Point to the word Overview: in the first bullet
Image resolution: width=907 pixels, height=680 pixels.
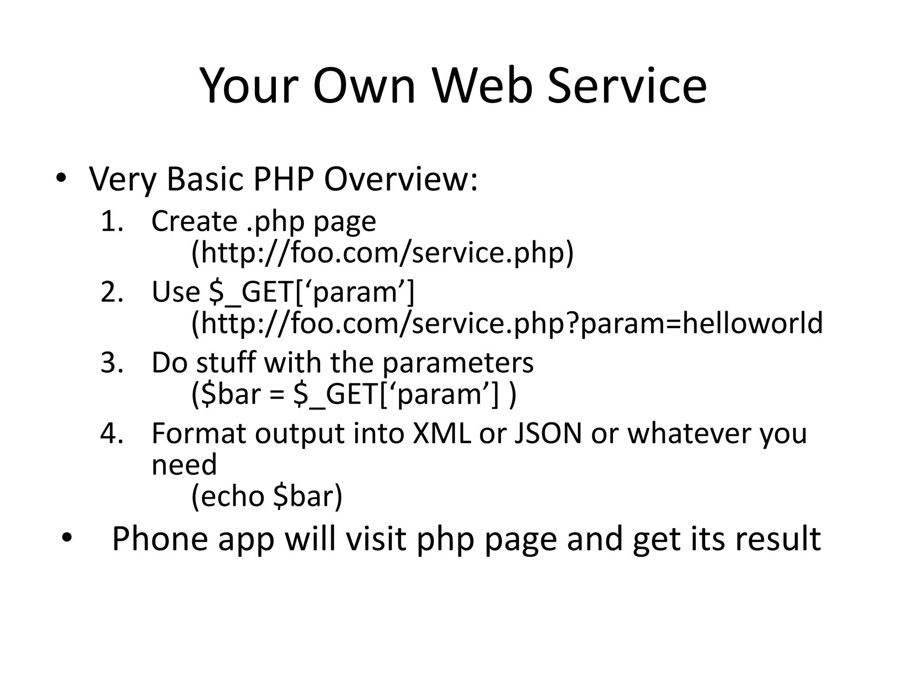click(401, 179)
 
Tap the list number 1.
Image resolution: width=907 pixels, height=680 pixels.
click(111, 221)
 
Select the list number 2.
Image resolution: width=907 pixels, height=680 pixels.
click(111, 292)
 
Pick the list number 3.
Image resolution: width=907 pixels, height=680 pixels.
click(111, 363)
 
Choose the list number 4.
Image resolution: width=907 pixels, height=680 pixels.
click(111, 433)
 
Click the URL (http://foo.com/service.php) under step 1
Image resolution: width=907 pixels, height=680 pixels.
click(382, 253)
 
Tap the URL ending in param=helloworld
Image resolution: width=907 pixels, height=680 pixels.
click(507, 324)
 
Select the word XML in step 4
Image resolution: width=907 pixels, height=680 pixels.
click(442, 433)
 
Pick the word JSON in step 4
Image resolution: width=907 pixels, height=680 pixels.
click(547, 433)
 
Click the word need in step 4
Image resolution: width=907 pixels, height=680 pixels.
click(184, 465)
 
